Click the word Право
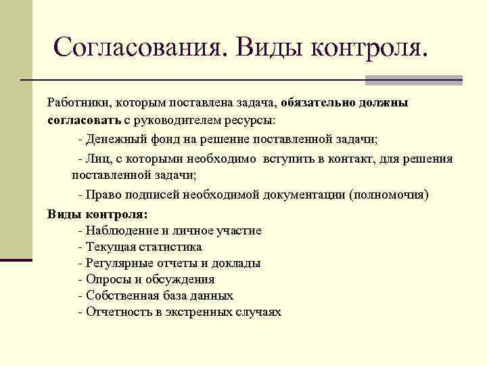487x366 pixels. click(x=101, y=195)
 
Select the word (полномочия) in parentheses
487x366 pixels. click(x=389, y=195)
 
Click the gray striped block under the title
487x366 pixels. click(x=413, y=81)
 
